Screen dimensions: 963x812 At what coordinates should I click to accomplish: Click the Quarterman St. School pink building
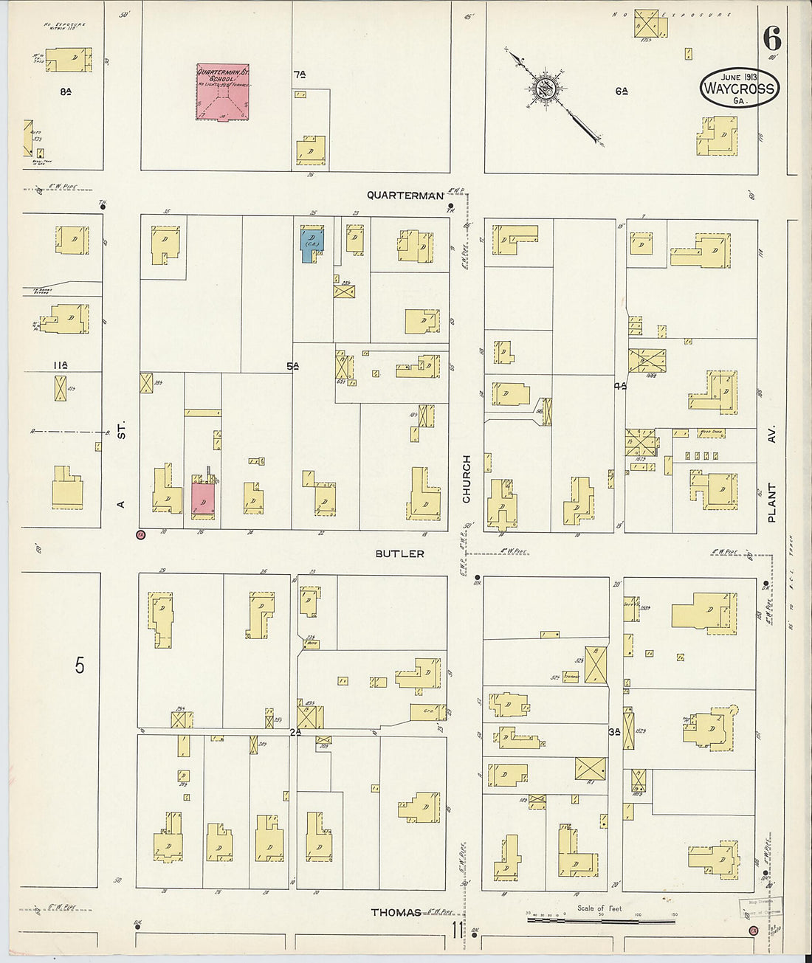click(x=222, y=92)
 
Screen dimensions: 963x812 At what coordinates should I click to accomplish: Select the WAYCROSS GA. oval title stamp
click(x=739, y=89)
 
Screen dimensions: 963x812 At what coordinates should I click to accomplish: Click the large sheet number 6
click(x=772, y=38)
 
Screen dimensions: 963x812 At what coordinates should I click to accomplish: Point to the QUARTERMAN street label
click(x=406, y=196)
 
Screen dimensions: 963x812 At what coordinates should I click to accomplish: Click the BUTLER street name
click(x=399, y=553)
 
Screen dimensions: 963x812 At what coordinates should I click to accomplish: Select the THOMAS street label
click(x=396, y=913)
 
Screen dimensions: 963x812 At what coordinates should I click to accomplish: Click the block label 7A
click(x=299, y=74)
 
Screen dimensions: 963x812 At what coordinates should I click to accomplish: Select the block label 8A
click(x=65, y=92)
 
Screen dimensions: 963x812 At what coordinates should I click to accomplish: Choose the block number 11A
click(x=61, y=365)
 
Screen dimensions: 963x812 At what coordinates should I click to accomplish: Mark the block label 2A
click(x=296, y=732)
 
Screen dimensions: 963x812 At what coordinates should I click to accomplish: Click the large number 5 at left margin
click(x=79, y=666)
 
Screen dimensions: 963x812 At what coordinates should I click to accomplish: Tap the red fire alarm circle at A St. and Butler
click(x=140, y=534)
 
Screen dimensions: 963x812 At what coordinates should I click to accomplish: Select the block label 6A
click(x=621, y=91)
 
